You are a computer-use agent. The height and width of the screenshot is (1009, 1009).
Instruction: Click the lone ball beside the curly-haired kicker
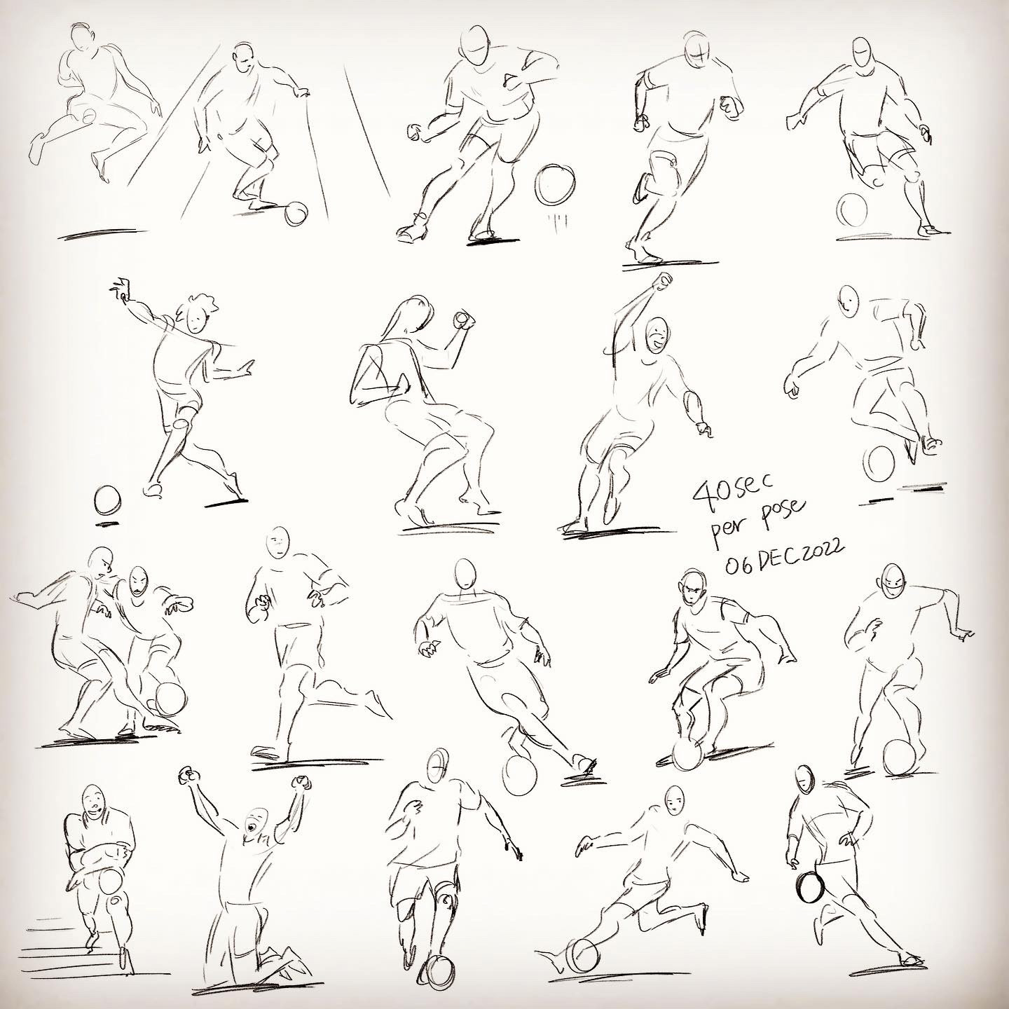coord(107,500)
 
